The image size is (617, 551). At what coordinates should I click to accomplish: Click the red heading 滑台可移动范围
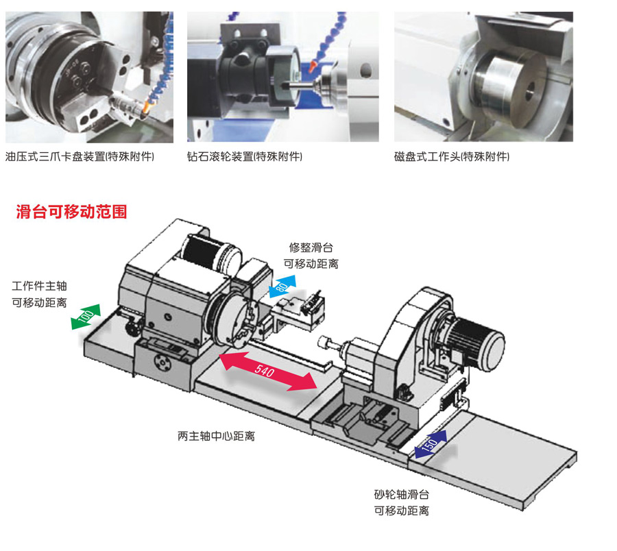coord(71,212)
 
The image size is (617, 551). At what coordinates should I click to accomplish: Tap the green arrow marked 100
coord(86,317)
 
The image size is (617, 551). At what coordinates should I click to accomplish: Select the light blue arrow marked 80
coord(282,286)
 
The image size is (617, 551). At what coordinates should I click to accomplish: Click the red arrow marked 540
coord(267,371)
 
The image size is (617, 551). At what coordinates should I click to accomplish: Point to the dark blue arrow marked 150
coord(431,444)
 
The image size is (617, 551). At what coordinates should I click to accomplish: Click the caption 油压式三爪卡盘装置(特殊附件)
coord(80,156)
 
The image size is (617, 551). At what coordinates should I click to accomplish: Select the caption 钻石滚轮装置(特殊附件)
coord(245,156)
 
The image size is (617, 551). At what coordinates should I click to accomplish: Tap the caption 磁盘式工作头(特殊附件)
coord(452,156)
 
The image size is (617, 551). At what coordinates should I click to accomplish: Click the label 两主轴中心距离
coord(216,436)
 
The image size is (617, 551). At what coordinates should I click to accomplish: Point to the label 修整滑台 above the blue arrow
coord(311,247)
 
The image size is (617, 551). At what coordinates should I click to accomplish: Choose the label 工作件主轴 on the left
coord(39,286)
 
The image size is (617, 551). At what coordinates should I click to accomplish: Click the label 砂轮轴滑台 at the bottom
coord(401,494)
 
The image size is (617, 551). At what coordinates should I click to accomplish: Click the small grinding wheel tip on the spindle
coord(324,342)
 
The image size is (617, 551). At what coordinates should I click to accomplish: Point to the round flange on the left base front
coord(162,360)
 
